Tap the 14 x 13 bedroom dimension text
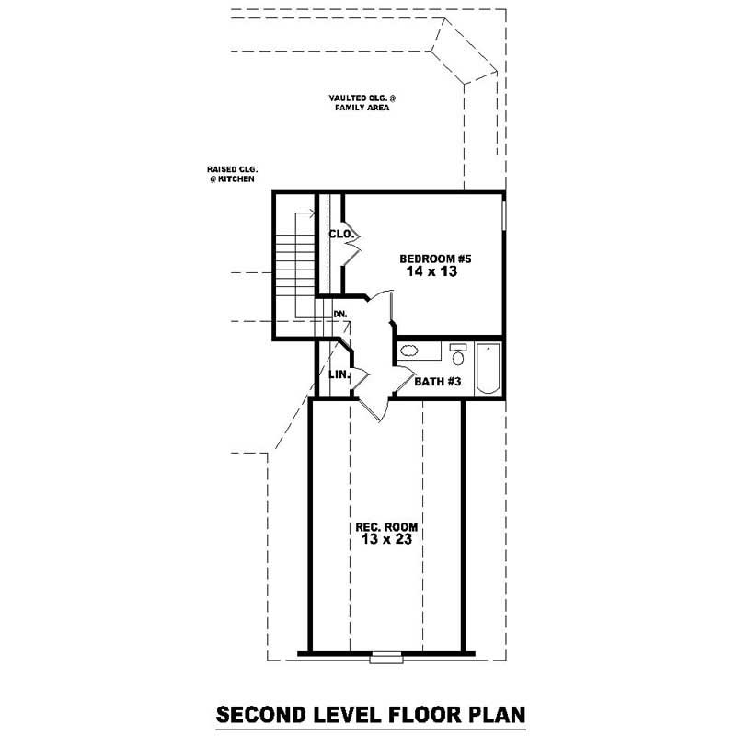tap(431, 272)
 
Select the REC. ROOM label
tap(386, 527)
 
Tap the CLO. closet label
tap(340, 235)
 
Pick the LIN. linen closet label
tap(337, 374)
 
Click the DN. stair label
tap(339, 315)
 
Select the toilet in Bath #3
tap(457, 352)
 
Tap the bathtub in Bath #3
tap(488, 368)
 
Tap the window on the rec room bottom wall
tap(379, 657)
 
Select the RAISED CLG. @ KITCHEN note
tap(231, 174)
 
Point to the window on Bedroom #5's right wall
tap(504, 221)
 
